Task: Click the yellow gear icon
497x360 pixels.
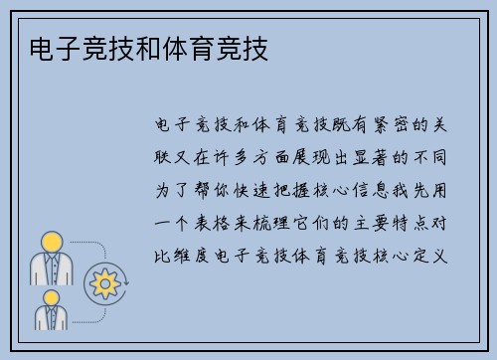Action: [102, 283]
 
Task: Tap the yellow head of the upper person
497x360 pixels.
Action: [52, 242]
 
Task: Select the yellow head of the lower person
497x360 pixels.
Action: [52, 295]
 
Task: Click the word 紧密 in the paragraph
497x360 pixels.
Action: [385, 126]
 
